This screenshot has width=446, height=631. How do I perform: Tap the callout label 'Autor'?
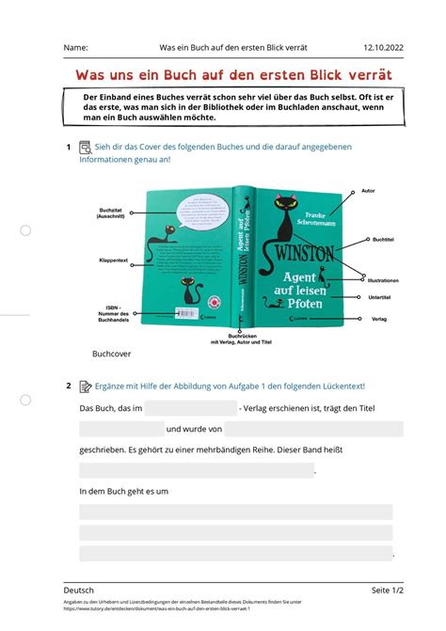(368, 191)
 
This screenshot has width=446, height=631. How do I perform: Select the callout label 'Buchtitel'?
(383, 240)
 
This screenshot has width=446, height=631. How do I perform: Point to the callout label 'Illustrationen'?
(383, 280)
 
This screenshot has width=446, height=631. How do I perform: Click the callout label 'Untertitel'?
(380, 297)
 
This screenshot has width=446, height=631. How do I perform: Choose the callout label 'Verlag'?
(379, 319)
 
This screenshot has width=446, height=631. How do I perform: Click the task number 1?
(70, 147)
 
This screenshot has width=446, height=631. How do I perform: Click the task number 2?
(70, 386)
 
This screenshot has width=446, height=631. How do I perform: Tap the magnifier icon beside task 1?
(85, 147)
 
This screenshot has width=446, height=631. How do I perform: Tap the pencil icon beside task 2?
(85, 386)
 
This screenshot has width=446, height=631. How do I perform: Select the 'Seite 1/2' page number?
(386, 590)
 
